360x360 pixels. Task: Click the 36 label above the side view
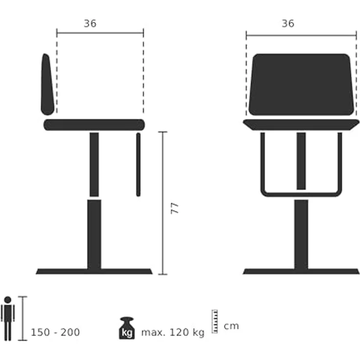click(x=90, y=23)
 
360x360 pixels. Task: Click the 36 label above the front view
click(x=288, y=23)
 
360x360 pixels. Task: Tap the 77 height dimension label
click(x=175, y=207)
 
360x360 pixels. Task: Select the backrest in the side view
click(x=47, y=83)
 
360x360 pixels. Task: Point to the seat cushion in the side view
click(x=94, y=125)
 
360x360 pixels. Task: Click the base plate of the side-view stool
click(x=94, y=271)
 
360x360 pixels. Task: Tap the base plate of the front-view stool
click(x=301, y=271)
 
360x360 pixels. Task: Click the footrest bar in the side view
click(x=138, y=164)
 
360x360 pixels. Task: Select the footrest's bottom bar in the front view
click(x=301, y=193)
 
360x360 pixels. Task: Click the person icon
click(x=7, y=318)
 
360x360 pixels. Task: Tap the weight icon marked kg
click(x=126, y=328)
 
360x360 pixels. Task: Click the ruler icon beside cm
click(x=214, y=321)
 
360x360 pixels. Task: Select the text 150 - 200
click(x=55, y=333)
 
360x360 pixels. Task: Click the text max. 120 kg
click(x=173, y=333)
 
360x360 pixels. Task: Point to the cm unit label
click(x=231, y=326)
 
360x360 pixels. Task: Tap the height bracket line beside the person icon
click(x=22, y=318)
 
